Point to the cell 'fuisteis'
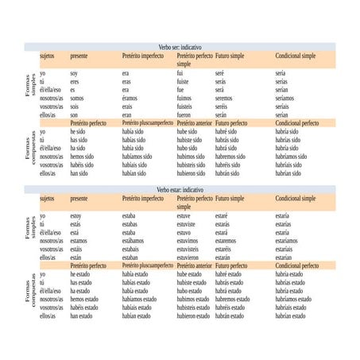[184, 106]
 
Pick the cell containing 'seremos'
[226, 98]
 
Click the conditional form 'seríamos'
[287, 98]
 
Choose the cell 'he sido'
[78, 132]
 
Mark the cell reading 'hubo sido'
[187, 148]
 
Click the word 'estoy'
[75, 215]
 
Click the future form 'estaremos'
[230, 240]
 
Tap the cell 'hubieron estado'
[193, 315]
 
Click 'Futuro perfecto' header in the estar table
[234, 265]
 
